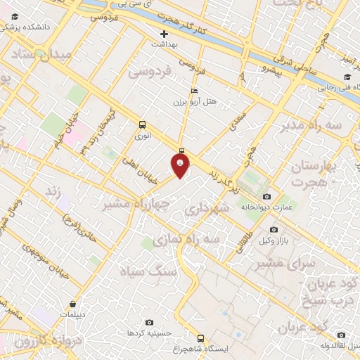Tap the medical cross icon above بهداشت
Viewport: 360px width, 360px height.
pos(165,33)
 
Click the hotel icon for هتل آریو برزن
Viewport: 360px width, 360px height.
pos(194,91)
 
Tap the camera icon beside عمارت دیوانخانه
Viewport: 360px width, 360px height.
pos(266,196)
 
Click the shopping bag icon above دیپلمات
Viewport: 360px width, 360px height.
pos(73,304)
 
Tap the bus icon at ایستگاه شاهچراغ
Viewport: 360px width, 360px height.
pos(201,338)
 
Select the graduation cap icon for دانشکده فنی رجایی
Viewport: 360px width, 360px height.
pos(347,77)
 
